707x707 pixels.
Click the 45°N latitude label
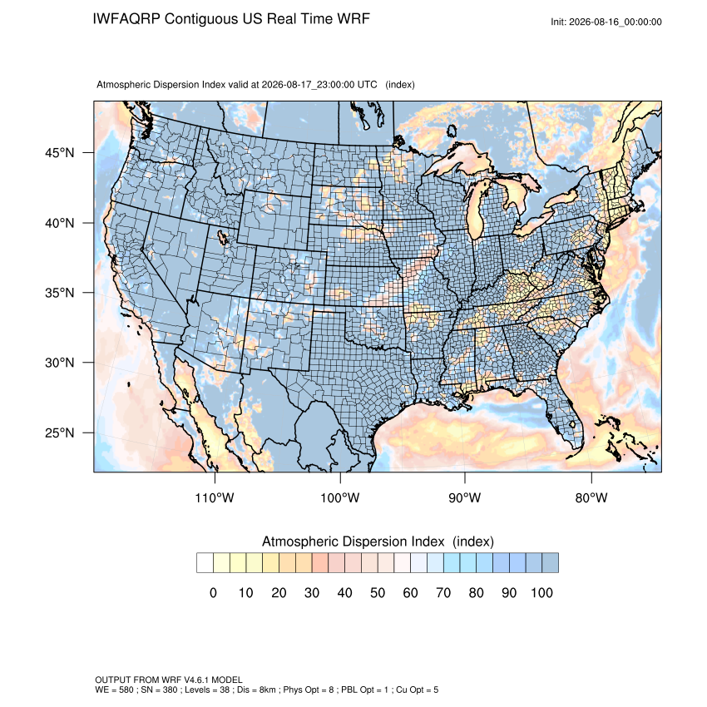point(60,153)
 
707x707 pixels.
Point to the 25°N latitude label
point(60,433)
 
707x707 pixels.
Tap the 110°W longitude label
point(215,497)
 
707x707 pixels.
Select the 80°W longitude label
point(591,497)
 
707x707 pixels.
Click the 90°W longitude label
point(464,497)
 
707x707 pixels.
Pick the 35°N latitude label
point(60,293)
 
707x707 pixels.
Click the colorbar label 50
point(378,592)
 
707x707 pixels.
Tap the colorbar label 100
point(541,592)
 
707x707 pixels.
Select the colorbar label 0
point(213,592)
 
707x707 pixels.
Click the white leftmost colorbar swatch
point(205,563)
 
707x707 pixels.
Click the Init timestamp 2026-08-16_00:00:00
point(615,22)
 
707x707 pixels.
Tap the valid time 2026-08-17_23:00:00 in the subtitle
point(308,85)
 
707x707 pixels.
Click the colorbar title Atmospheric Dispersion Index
point(353,541)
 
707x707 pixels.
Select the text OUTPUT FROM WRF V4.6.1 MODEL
point(169,680)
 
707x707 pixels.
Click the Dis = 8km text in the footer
point(257,690)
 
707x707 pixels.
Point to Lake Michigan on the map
point(476,212)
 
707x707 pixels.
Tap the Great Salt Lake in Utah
point(223,237)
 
